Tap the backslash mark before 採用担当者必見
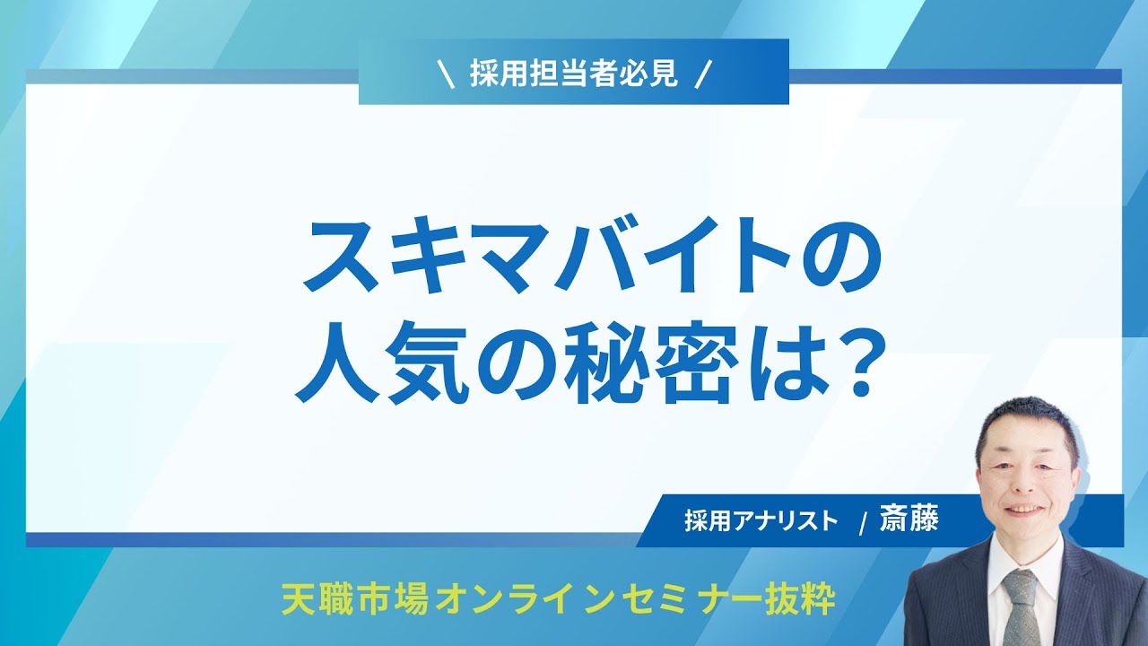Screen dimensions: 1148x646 click(x=447, y=74)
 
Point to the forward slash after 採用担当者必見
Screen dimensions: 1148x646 click(x=702, y=74)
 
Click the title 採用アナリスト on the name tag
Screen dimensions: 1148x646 click(x=761, y=521)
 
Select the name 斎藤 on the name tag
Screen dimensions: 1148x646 click(x=909, y=519)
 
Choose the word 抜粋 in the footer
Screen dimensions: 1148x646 click(x=800, y=599)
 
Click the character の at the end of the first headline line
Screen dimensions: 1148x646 click(x=839, y=256)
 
